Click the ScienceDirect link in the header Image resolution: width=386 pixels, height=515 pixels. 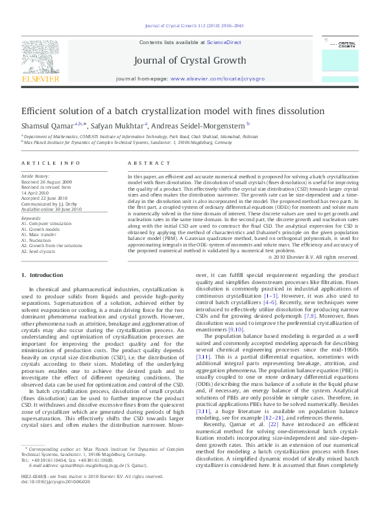click(224, 42)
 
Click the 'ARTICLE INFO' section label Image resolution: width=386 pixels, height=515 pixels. click(42, 163)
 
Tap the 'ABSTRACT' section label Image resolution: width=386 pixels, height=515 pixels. click(143, 163)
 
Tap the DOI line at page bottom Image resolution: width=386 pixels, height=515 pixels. click(45, 499)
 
